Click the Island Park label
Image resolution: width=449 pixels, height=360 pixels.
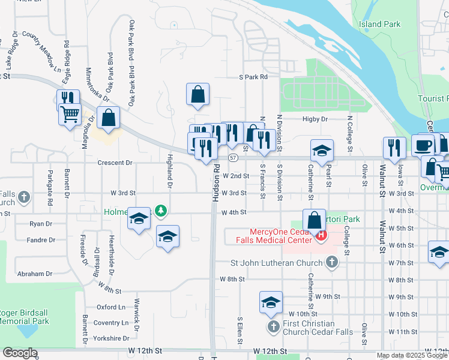pos(379,25)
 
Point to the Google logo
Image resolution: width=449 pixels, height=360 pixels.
pos(20,353)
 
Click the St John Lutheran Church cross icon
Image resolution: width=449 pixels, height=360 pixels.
pos(331,262)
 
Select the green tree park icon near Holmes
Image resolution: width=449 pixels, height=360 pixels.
pos(160,211)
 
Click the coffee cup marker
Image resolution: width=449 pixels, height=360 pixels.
pos(423,146)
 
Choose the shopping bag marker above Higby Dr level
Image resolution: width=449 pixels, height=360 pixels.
pos(197,94)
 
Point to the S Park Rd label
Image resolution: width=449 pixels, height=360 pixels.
pos(253,77)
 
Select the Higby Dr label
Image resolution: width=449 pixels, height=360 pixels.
pos(315,119)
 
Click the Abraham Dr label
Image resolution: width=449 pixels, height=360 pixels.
pos(35,274)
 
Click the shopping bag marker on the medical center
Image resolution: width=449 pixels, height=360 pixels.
pos(314,220)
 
